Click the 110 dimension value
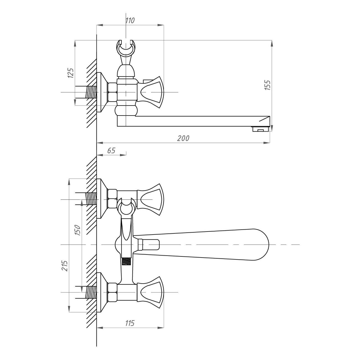(x=130, y=20)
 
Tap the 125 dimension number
(x=71, y=73)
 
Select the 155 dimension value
(x=268, y=85)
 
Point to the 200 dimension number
(x=183, y=138)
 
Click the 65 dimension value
(x=111, y=150)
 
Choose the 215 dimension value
(x=65, y=266)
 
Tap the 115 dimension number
(x=130, y=323)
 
